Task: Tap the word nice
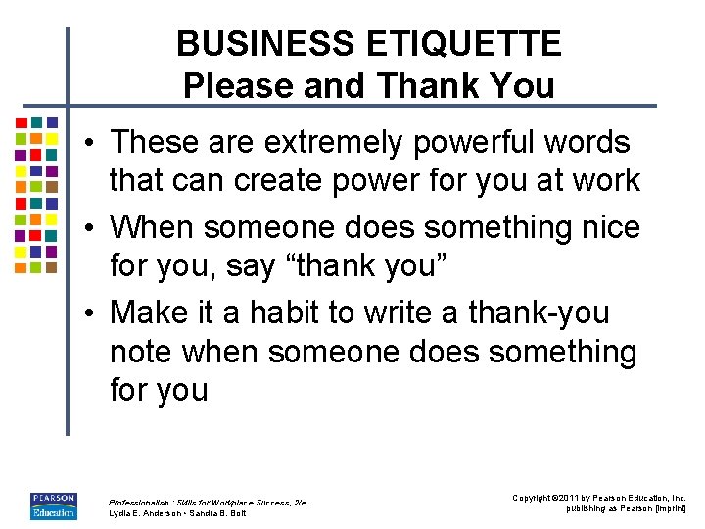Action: point(610,227)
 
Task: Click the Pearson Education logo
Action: point(53,505)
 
